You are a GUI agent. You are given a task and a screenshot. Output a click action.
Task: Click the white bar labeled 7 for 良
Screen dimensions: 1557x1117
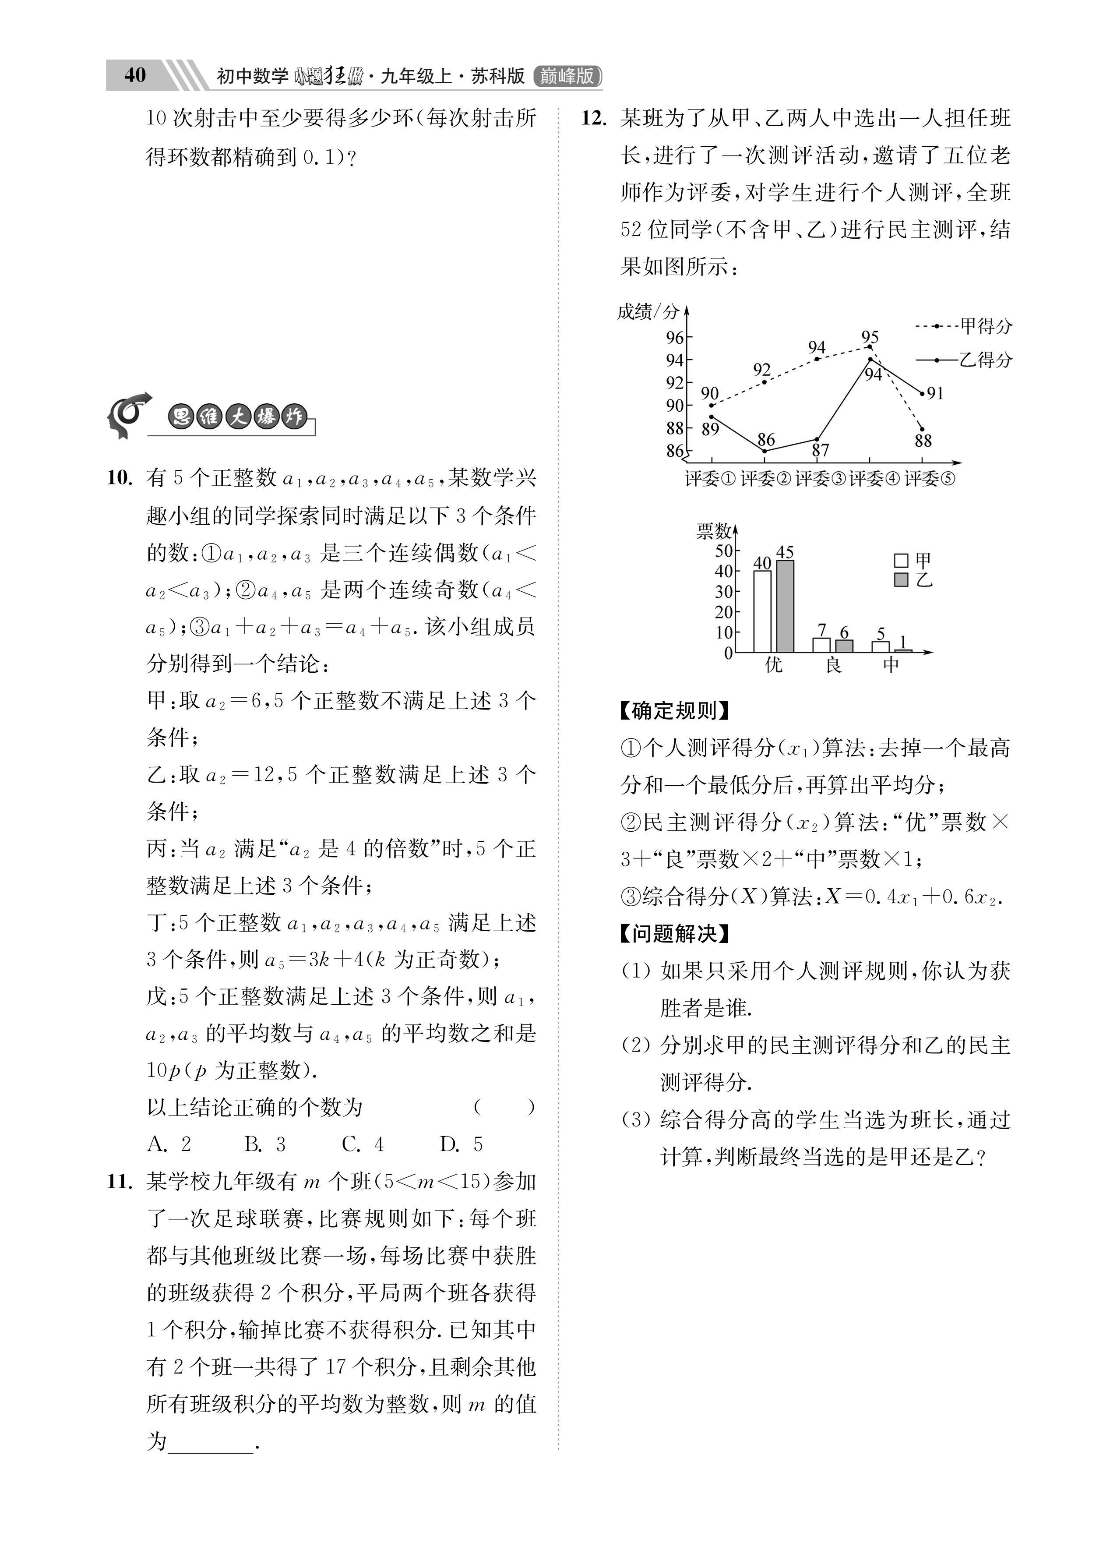tap(821, 645)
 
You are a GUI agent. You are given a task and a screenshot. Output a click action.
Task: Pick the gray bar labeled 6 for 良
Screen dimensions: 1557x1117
tap(844, 646)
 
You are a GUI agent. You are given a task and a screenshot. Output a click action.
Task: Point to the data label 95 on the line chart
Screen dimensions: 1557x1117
tap(870, 337)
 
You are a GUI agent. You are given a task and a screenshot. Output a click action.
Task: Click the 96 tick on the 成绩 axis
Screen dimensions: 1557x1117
tap(675, 337)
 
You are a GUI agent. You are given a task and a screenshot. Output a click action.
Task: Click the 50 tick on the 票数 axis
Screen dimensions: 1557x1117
tap(724, 551)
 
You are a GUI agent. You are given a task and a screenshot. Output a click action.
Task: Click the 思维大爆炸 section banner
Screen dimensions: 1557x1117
tap(237, 417)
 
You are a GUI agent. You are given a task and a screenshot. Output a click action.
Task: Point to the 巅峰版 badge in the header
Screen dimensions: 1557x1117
tap(567, 75)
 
